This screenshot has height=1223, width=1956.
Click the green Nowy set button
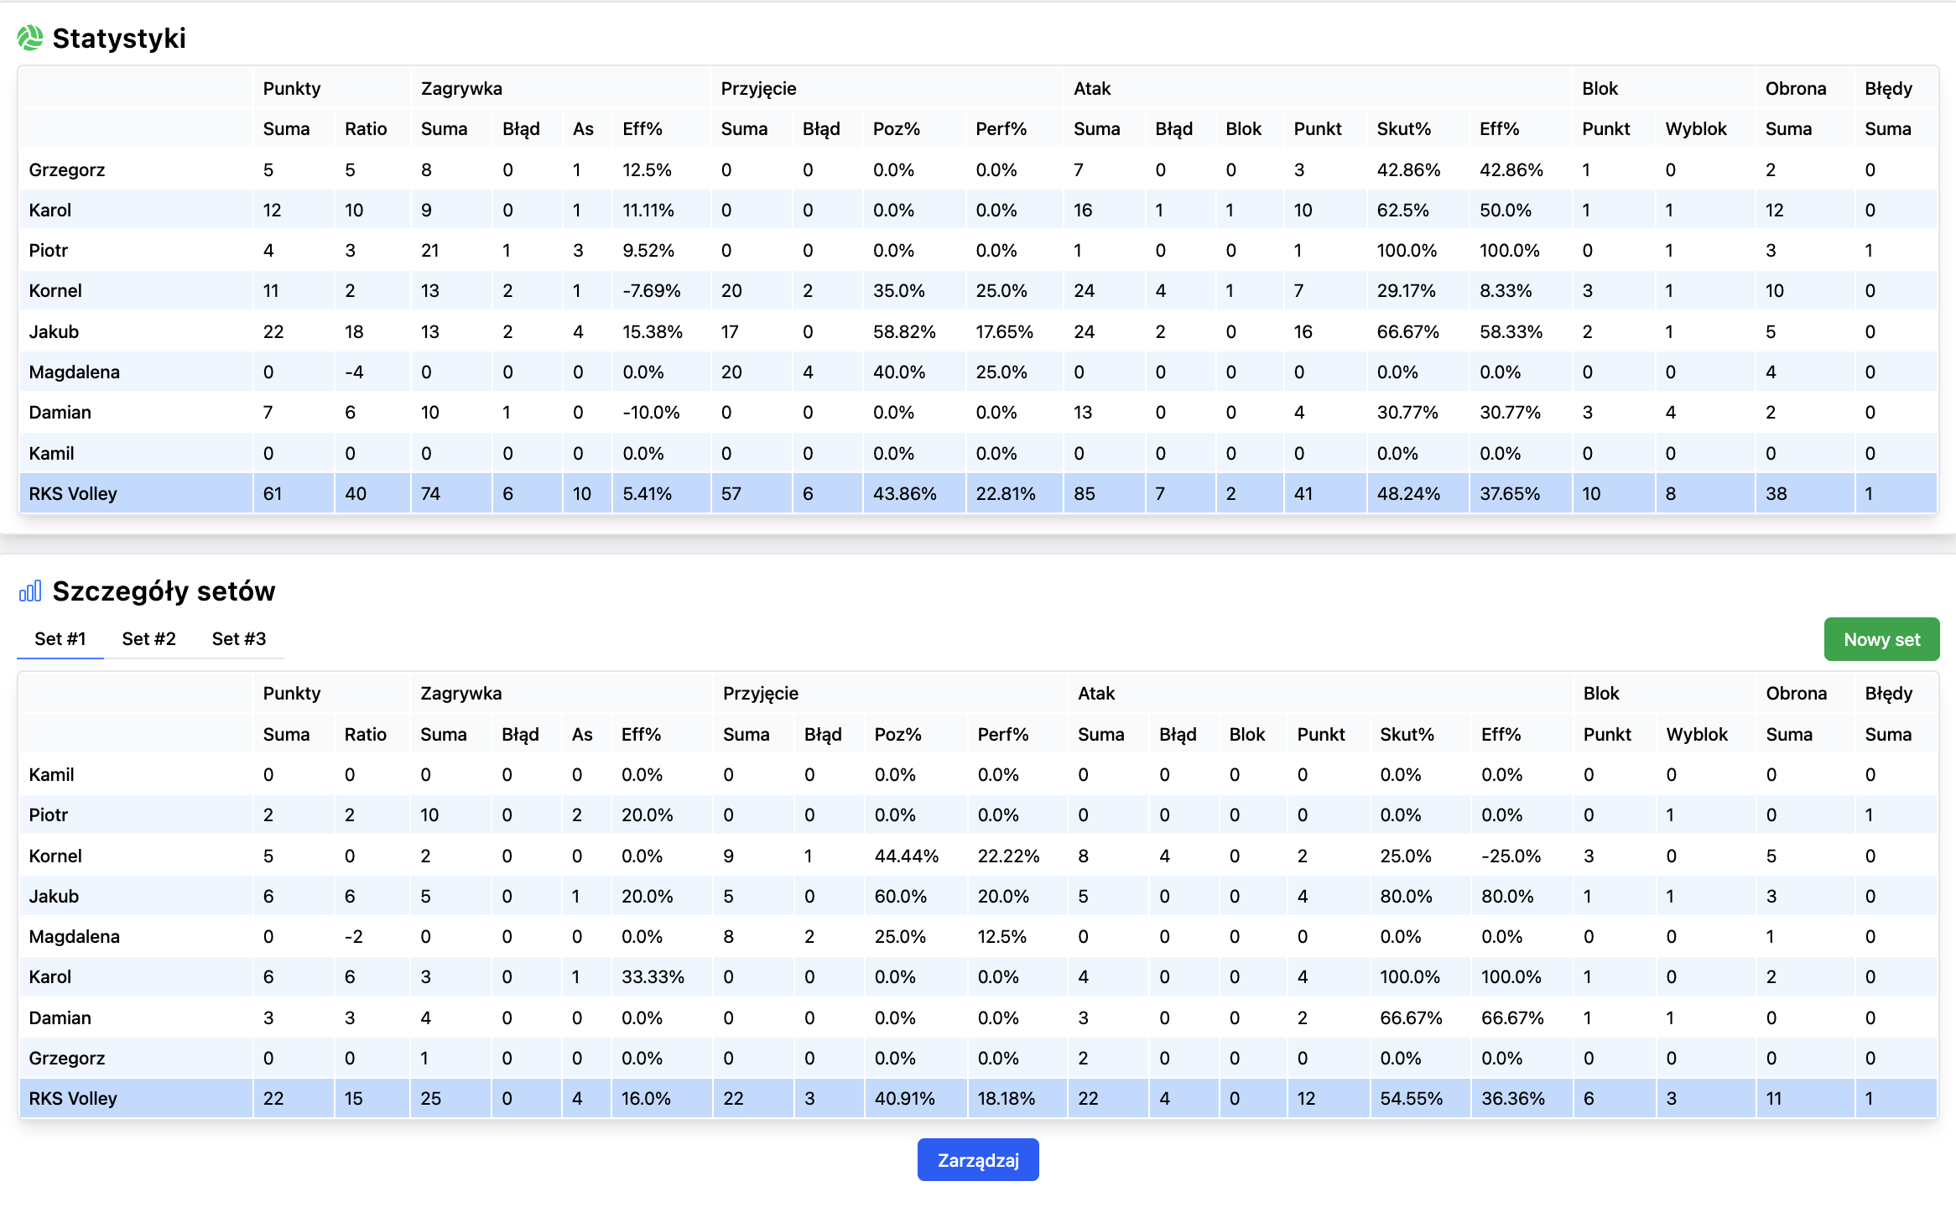(x=1881, y=639)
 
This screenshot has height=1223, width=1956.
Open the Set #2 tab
(x=148, y=639)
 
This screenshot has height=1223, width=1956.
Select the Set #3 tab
(x=239, y=639)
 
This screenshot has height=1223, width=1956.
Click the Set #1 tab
(x=60, y=639)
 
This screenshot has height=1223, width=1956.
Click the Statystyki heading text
(x=119, y=39)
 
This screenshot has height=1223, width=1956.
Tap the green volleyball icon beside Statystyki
(x=30, y=38)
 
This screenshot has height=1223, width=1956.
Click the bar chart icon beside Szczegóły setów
(x=30, y=591)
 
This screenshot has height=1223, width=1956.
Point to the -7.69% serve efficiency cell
(x=651, y=291)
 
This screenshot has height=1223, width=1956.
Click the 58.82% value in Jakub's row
(x=904, y=332)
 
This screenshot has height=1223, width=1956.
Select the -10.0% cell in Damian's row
(x=651, y=413)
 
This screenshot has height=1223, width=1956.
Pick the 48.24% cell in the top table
(x=1408, y=494)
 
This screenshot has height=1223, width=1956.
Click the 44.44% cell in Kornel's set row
(x=906, y=856)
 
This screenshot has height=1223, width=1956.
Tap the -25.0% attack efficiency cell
(x=1511, y=856)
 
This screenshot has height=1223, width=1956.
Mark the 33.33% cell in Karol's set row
(x=653, y=977)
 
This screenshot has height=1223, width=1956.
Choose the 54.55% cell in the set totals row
(x=1411, y=1099)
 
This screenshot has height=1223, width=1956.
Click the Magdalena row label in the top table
(x=75, y=372)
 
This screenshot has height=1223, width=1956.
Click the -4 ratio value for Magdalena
(x=354, y=372)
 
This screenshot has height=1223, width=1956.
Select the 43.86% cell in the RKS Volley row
(x=904, y=494)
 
